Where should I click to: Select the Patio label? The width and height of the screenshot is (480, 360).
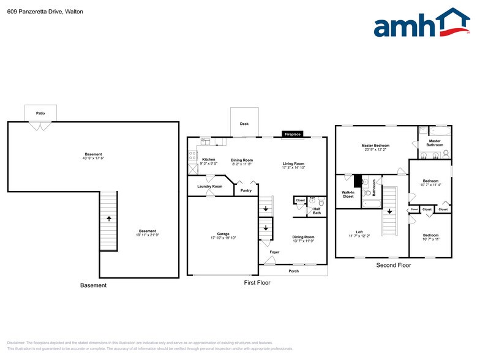(x=40, y=113)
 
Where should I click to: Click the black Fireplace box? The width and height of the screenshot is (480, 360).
(x=292, y=133)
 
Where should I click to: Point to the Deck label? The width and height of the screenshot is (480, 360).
(x=244, y=124)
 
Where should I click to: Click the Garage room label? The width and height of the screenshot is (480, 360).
(x=223, y=234)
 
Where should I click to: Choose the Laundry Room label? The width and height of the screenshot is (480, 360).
(x=209, y=186)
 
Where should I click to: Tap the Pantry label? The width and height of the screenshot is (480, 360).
(x=246, y=190)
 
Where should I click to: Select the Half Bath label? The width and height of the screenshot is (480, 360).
(x=317, y=211)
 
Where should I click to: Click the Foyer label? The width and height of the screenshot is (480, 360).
(x=274, y=252)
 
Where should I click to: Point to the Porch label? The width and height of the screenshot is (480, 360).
(x=294, y=271)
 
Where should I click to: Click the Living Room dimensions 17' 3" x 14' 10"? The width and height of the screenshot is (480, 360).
(x=293, y=168)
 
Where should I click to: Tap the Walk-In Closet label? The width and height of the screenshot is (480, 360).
(x=348, y=194)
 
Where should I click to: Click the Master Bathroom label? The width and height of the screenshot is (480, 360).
(x=435, y=143)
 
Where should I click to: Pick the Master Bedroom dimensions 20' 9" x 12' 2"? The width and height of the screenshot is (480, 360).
(x=376, y=149)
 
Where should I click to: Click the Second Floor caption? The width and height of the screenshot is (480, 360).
(x=393, y=265)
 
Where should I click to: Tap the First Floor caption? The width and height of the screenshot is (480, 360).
(x=257, y=282)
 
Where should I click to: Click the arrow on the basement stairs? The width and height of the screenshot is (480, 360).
(x=108, y=217)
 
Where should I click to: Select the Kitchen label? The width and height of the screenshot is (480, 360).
(x=209, y=159)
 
